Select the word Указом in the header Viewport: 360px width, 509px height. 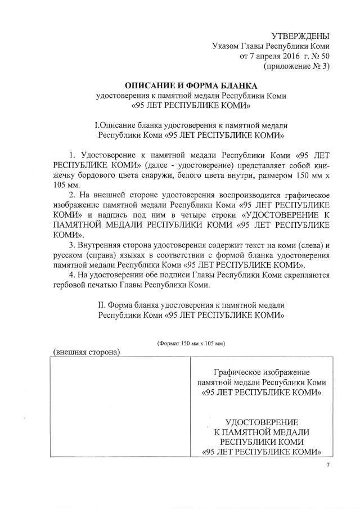point(226,46)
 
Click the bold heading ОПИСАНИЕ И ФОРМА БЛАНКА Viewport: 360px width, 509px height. point(191,85)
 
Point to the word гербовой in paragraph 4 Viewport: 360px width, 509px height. point(71,286)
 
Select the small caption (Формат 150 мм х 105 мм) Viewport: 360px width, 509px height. point(191,343)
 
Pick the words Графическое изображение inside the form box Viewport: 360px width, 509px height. point(262,373)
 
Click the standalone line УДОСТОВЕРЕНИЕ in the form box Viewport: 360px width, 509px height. point(262,422)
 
